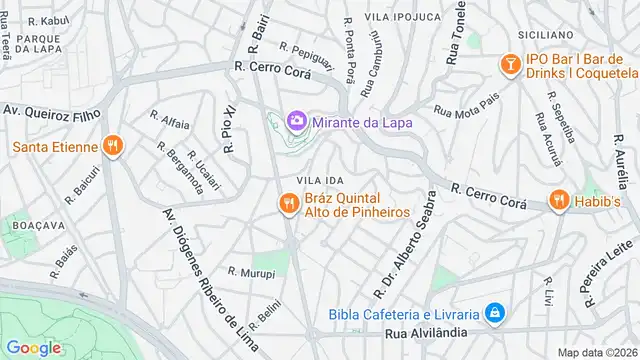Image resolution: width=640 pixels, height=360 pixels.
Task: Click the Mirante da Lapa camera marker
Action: click(x=297, y=122)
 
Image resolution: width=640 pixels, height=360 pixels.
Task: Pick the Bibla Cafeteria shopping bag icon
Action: click(x=492, y=314)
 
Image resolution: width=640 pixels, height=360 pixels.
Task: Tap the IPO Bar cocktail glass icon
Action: click(x=510, y=65)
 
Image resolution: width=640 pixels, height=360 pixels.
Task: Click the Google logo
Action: click(x=34, y=347)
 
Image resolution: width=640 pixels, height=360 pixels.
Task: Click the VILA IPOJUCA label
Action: click(x=402, y=17)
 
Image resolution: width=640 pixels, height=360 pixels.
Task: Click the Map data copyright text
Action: click(x=598, y=352)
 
